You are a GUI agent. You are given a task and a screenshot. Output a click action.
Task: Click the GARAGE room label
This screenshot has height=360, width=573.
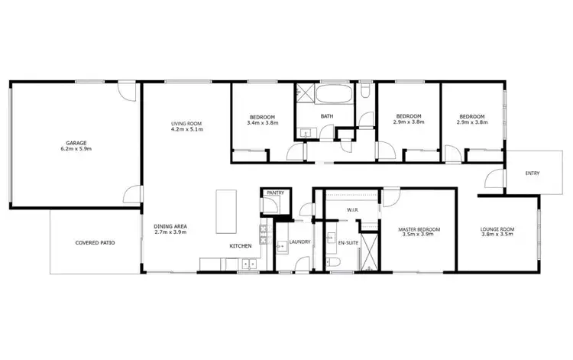pyautogui.click(x=75, y=143)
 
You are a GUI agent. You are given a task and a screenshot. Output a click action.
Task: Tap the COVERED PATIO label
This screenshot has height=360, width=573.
pyautogui.click(x=95, y=243)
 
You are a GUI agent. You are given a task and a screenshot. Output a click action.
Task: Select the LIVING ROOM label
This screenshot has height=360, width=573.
pyautogui.click(x=186, y=122)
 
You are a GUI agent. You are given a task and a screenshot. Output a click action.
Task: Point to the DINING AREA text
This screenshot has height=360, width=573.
pyautogui.click(x=170, y=225)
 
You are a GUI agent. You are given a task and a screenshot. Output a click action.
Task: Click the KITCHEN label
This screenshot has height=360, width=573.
pyautogui.click(x=241, y=246)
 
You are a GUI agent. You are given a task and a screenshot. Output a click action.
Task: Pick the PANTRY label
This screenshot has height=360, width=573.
pyautogui.click(x=274, y=193)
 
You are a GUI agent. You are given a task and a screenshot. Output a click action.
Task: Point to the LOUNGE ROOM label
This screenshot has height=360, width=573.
pyautogui.click(x=497, y=229)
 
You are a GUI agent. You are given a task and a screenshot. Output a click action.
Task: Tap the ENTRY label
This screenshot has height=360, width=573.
pyautogui.click(x=532, y=174)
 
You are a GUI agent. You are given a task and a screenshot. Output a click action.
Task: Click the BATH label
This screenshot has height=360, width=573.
pyautogui.click(x=327, y=116)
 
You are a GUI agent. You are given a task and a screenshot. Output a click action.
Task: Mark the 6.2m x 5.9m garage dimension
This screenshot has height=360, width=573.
pyautogui.click(x=75, y=149)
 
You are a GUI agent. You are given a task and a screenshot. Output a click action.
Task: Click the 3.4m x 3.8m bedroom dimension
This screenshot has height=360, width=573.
pyautogui.click(x=261, y=122)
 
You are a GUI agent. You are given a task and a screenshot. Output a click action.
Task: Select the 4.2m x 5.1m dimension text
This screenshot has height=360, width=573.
pyautogui.click(x=186, y=128)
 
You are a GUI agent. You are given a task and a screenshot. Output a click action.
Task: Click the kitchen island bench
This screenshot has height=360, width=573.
pyautogui.click(x=226, y=212)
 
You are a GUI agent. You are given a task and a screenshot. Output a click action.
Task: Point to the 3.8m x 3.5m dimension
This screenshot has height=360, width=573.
pyautogui.click(x=497, y=235)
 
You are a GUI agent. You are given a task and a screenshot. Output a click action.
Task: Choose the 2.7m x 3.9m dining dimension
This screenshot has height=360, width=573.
pyautogui.click(x=170, y=232)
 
